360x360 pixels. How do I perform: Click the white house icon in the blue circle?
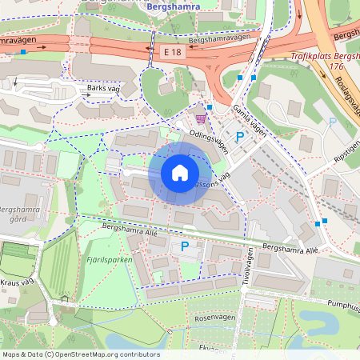tap(180, 172)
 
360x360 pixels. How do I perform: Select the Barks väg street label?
tap(103, 89)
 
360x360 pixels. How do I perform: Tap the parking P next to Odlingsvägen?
tap(239, 138)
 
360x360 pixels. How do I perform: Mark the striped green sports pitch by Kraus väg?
tap(18, 261)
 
